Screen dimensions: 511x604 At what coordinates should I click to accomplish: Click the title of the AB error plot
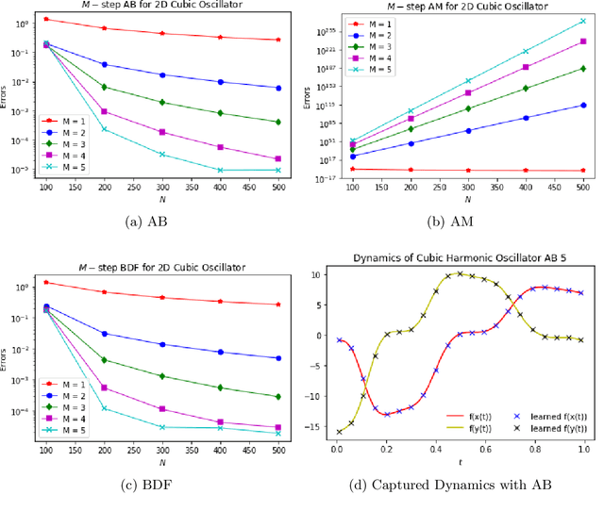point(162,6)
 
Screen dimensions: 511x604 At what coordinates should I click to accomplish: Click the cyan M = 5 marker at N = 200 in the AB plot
point(104,129)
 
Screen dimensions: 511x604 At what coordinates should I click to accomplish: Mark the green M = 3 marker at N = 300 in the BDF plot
point(161,376)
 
